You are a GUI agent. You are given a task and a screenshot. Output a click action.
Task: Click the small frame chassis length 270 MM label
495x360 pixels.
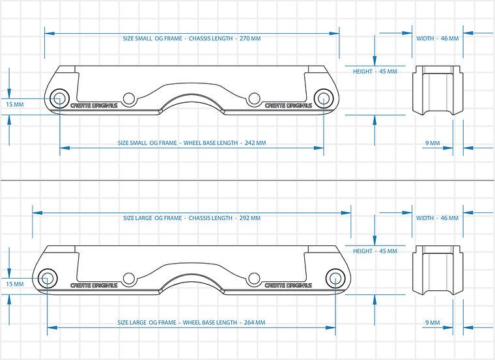pos(192,38)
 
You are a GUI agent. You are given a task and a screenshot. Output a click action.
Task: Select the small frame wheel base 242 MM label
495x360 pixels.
pos(191,143)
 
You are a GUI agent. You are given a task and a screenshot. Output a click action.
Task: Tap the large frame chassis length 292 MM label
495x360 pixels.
pos(191,218)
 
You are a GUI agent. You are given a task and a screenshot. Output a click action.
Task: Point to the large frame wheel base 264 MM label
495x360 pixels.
pos(191,322)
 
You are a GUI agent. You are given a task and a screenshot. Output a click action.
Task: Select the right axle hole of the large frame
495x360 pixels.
pos(335,279)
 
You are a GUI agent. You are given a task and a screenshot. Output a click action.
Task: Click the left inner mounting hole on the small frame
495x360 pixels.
pos(129,100)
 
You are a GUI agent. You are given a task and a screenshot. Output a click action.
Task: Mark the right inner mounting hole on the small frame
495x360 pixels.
pos(253,100)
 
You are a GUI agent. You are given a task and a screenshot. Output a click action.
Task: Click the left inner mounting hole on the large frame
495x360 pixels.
pos(129,279)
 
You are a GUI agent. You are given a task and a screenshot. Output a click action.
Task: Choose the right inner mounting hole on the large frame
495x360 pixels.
pos(253,279)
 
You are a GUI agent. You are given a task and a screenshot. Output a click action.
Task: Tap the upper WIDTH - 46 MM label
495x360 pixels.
pos(437,38)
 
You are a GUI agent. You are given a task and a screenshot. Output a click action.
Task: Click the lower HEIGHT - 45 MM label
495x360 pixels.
pos(375,251)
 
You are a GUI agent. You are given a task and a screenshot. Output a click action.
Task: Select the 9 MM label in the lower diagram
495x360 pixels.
pos(432,322)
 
